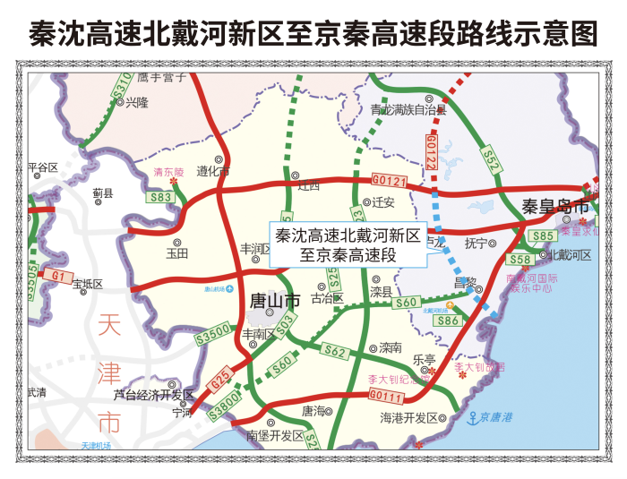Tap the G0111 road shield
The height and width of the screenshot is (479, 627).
tap(386, 395)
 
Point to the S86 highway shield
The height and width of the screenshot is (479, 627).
tap(449, 320)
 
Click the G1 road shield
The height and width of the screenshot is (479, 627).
tap(59, 277)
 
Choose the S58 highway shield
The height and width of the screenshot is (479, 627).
tap(520, 259)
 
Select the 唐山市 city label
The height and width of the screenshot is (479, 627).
tap(274, 302)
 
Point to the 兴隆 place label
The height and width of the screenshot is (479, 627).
tap(137, 103)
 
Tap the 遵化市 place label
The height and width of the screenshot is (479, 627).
tap(213, 170)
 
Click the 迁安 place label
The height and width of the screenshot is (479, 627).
tap(383, 202)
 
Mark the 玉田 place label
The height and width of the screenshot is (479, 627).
tap(176, 253)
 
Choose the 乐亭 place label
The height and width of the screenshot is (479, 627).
tap(423, 359)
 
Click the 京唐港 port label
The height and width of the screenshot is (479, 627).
tap(495, 417)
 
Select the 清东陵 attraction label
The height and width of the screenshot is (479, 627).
tap(167, 171)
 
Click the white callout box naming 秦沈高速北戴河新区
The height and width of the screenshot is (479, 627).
tap(348, 245)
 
